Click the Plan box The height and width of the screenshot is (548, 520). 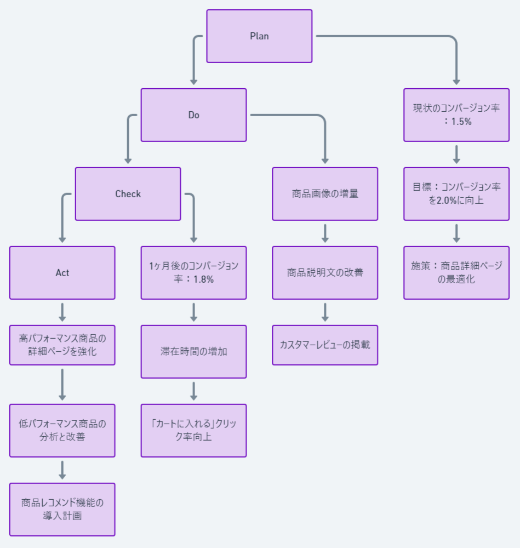pos(259,36)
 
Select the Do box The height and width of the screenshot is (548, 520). pos(193,115)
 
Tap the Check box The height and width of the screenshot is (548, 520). pos(128,194)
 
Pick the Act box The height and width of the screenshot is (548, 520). pos(62,273)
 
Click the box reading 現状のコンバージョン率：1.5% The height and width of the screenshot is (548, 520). pos(456,115)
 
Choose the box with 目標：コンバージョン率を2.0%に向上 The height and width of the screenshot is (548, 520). pos(456,194)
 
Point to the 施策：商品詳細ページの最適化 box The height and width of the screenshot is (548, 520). pos(456,273)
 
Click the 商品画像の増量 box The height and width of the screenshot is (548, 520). pos(325,194)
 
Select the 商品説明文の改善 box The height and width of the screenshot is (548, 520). pos(325,273)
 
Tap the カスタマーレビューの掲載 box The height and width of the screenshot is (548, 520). pos(325,345)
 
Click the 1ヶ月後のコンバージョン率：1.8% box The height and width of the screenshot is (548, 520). pos(193,273)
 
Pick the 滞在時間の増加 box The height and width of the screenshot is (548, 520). pos(193,352)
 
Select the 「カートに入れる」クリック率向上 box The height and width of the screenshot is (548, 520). pos(193,431)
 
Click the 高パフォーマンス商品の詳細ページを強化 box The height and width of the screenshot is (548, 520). pos(62,345)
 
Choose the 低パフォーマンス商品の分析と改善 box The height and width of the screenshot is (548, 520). pos(62,431)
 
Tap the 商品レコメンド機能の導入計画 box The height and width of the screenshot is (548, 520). pos(62,510)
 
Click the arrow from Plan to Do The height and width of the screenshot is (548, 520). pos(193,60)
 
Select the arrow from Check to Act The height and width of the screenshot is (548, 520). pos(62,219)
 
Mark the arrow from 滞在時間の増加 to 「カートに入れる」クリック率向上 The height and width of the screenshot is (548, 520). pos(193,391)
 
